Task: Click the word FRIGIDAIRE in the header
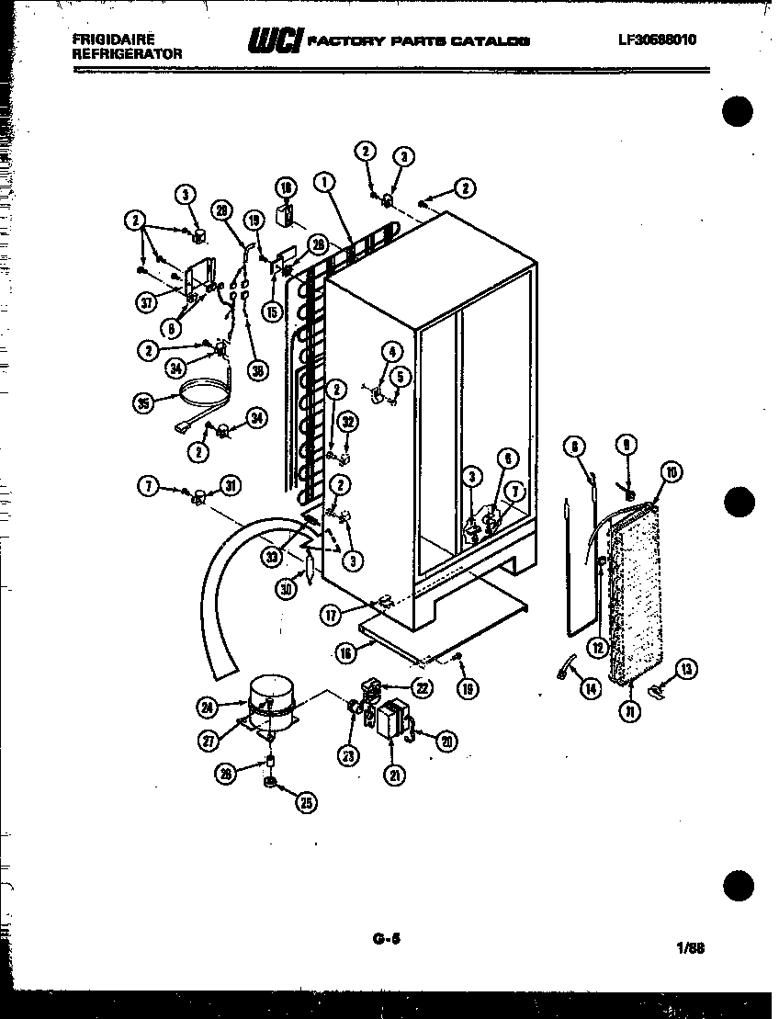click(x=113, y=40)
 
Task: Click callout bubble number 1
click(x=323, y=182)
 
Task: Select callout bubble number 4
click(x=393, y=350)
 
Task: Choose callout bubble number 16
click(x=346, y=653)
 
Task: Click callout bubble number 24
click(x=208, y=707)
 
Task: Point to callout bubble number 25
click(x=305, y=802)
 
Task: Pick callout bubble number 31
click(x=230, y=487)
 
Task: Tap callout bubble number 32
click(x=348, y=422)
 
